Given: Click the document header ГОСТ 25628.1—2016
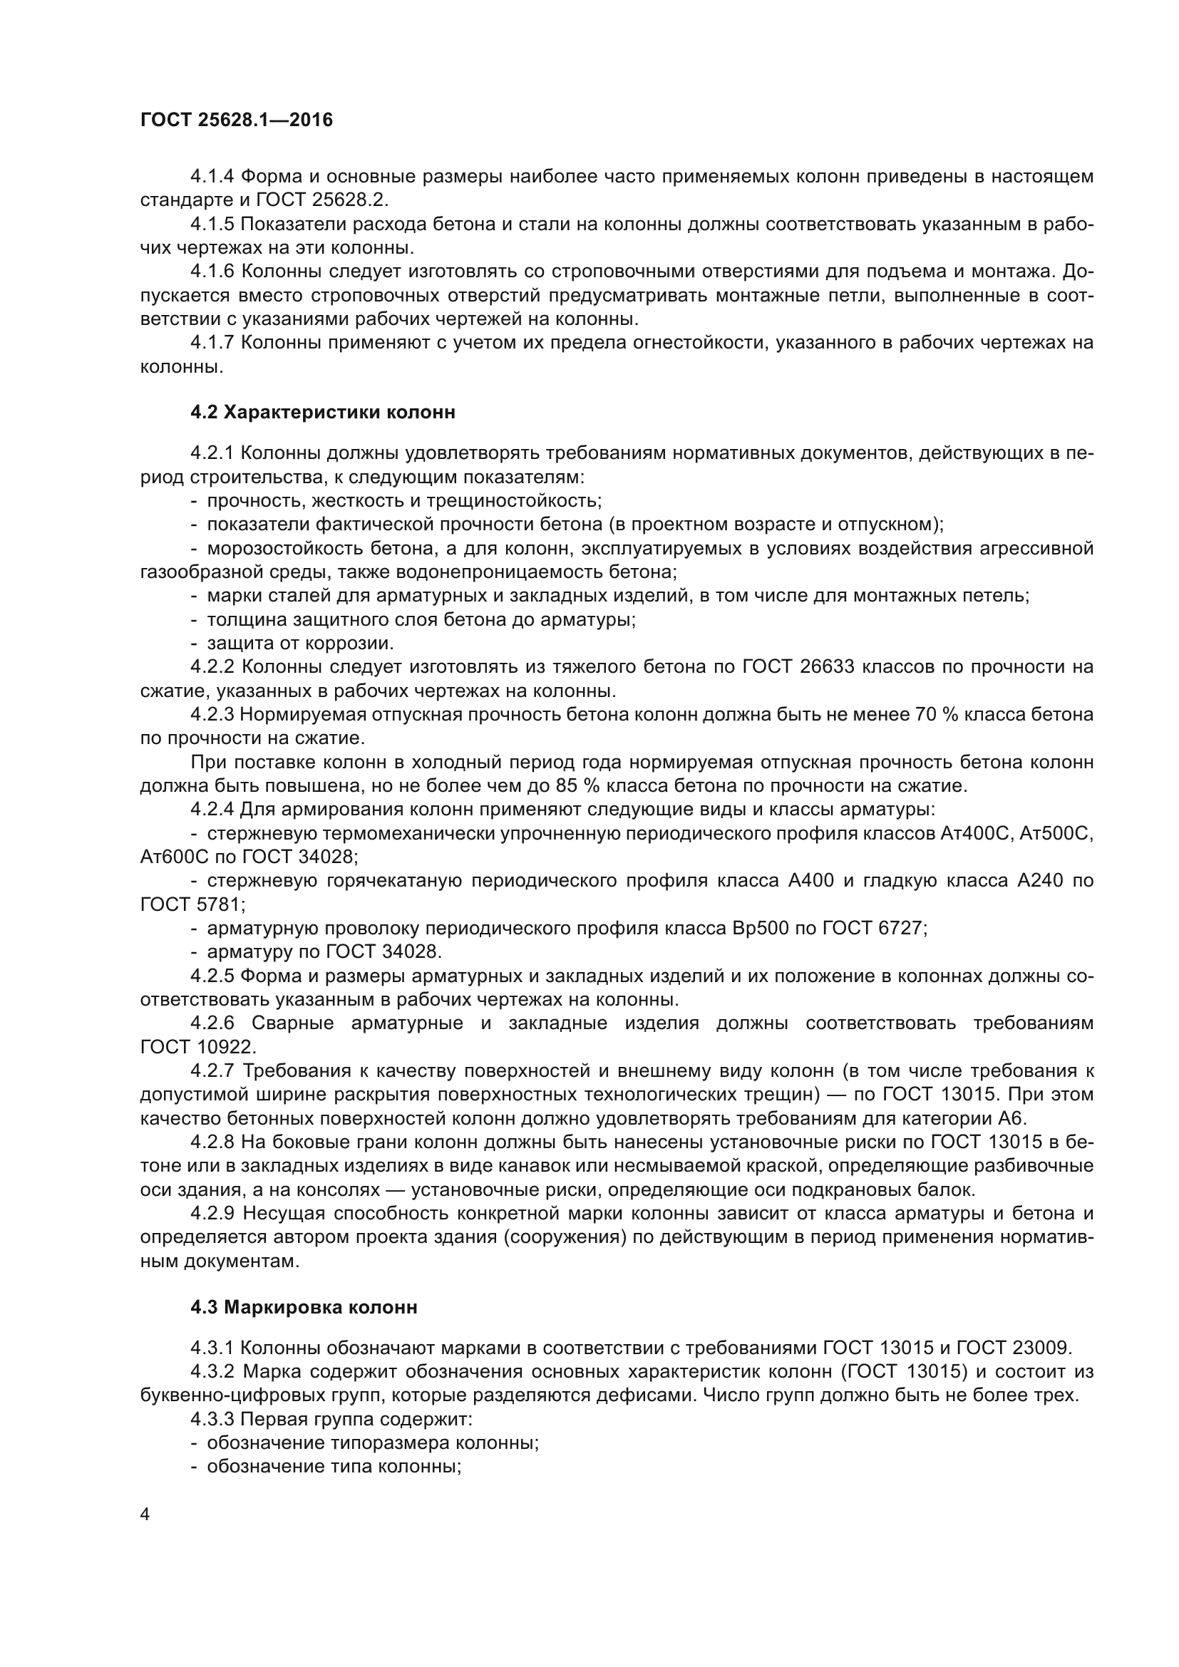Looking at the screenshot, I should [237, 120].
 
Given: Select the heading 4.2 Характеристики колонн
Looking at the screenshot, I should [323, 413].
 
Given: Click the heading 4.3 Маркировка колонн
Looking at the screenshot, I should [304, 1308].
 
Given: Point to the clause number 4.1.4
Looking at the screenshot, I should [212, 177].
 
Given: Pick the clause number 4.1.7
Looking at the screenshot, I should [212, 343].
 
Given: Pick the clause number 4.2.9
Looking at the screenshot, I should [212, 1213].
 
